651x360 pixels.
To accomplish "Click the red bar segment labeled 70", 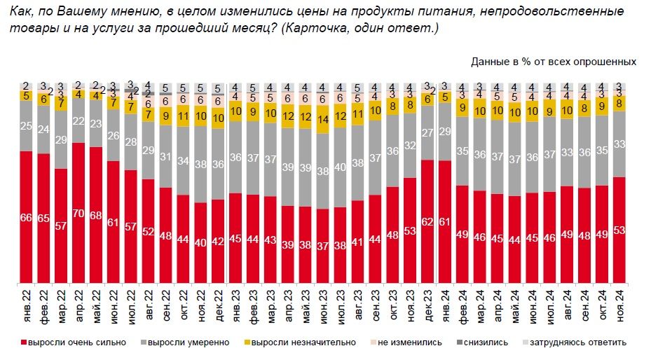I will click(79, 214).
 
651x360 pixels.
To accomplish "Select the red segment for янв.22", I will click(27, 217).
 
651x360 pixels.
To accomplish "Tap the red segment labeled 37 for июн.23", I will click(323, 246).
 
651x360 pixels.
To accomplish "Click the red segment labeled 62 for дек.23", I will click(427, 221).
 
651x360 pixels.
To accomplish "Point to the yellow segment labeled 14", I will click(323, 120).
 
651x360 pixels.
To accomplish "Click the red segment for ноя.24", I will click(619, 230).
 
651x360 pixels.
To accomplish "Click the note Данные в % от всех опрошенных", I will click(553, 62).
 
